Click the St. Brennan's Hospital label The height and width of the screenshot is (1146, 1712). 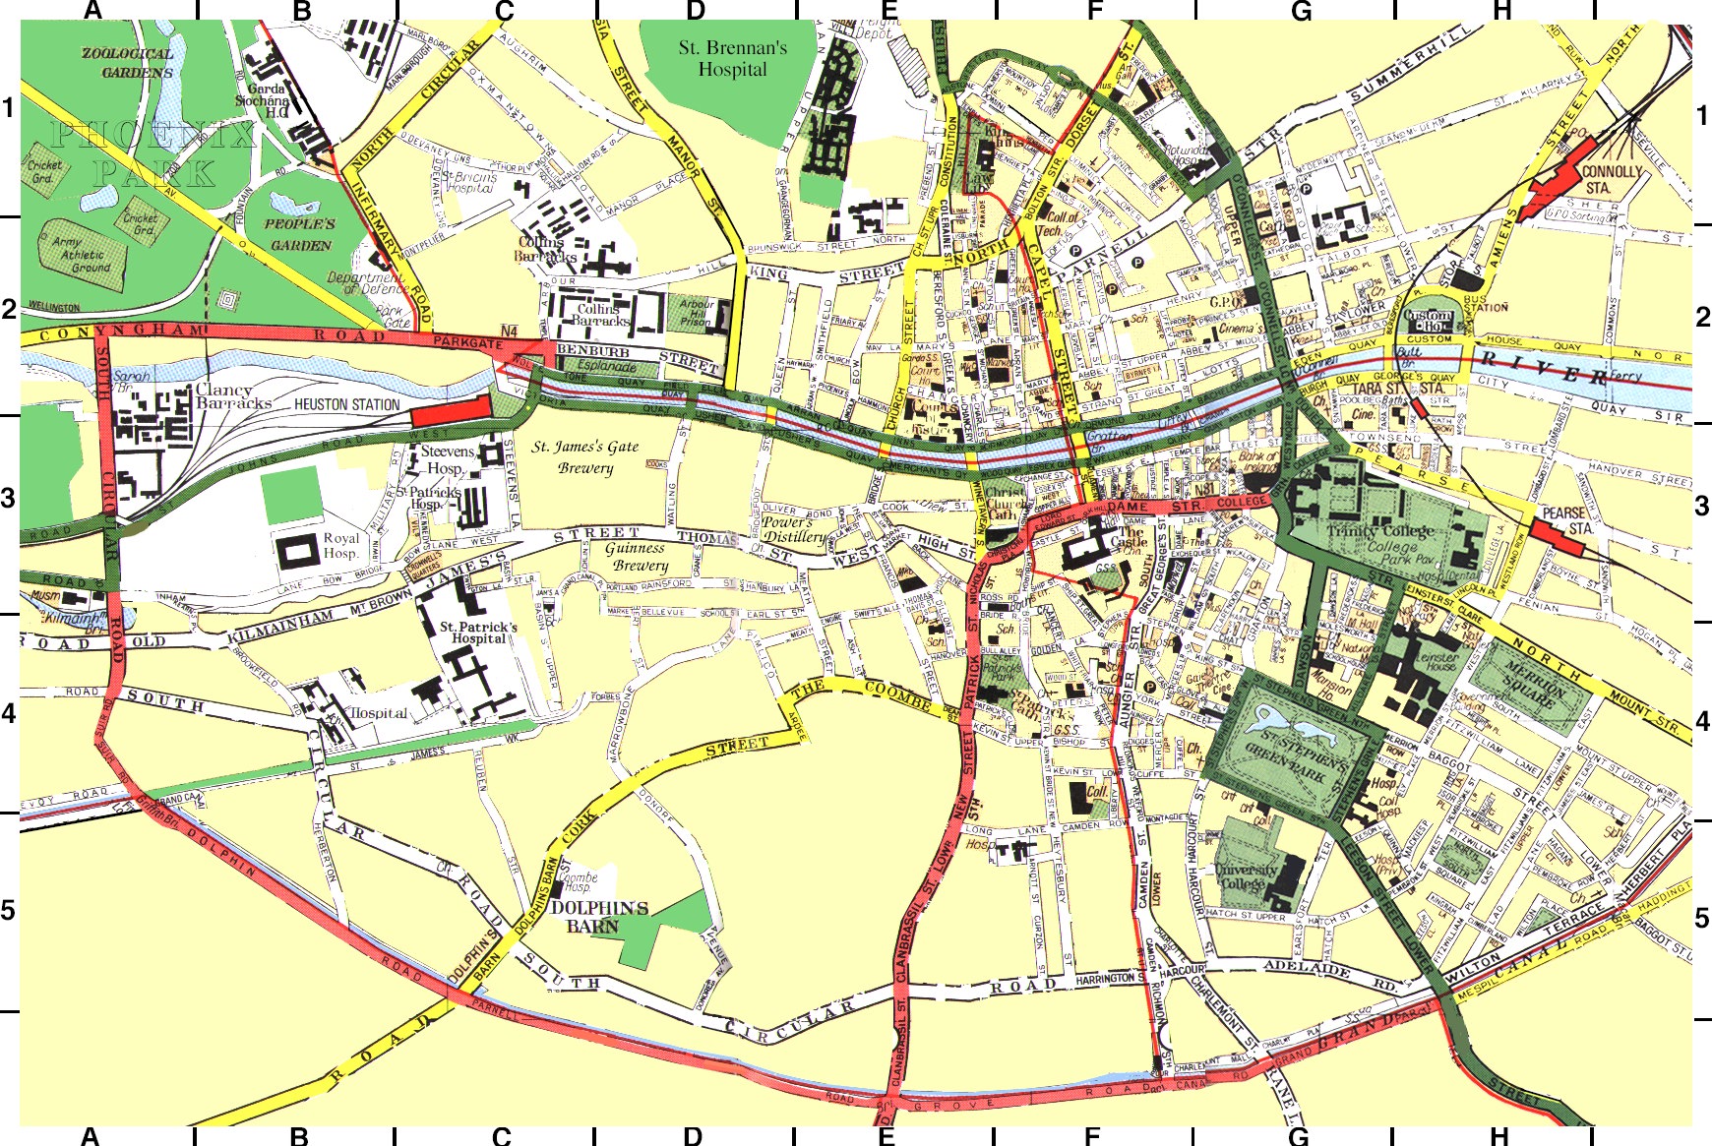732,58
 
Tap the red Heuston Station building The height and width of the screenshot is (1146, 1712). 451,408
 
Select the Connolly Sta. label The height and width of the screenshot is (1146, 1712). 1612,178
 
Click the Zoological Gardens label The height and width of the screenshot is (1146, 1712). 127,63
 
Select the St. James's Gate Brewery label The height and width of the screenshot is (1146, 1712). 585,456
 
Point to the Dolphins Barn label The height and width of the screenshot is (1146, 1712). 599,916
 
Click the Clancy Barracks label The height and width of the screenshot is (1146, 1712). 233,395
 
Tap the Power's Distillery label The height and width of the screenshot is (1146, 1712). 794,529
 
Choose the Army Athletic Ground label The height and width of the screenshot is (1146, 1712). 84,254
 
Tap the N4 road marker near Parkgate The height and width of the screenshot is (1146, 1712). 509,331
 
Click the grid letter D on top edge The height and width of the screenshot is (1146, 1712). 695,11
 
